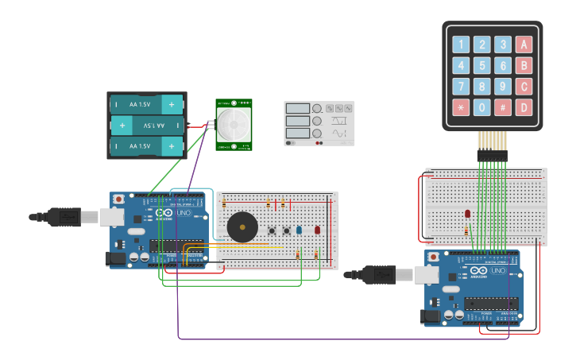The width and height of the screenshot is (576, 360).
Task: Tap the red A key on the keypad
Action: [523, 45]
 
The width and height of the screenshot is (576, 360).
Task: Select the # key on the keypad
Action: [502, 106]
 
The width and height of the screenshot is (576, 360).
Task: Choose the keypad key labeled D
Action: [523, 106]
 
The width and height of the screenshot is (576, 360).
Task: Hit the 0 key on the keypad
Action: [481, 106]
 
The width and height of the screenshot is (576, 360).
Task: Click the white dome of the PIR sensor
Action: [234, 123]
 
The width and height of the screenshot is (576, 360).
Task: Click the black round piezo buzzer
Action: [242, 227]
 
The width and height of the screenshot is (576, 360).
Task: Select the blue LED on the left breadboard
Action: [299, 230]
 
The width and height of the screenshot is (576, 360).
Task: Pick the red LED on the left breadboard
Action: [317, 230]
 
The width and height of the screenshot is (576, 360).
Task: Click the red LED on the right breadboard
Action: [467, 214]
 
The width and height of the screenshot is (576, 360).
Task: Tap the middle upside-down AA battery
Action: [147, 126]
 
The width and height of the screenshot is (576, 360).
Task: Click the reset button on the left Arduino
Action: [118, 199]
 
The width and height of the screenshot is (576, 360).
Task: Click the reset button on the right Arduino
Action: [434, 257]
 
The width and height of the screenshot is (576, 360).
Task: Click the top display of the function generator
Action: [297, 108]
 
